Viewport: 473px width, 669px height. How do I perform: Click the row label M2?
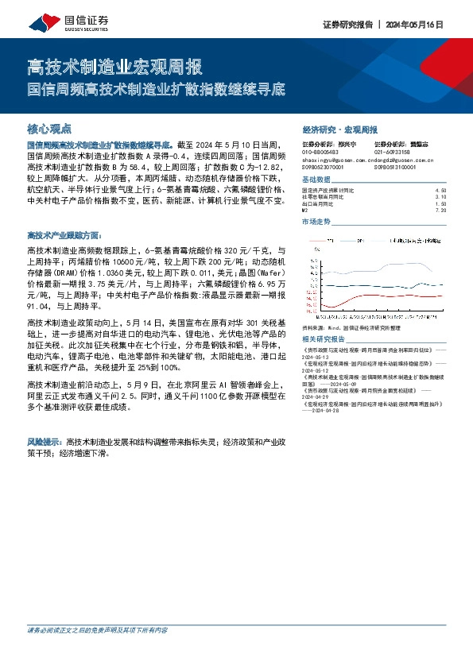(x=304, y=211)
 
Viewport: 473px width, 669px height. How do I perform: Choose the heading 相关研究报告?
(x=320, y=338)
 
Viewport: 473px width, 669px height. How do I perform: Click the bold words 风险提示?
(x=45, y=439)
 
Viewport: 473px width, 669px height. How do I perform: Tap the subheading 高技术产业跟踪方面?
(x=64, y=235)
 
